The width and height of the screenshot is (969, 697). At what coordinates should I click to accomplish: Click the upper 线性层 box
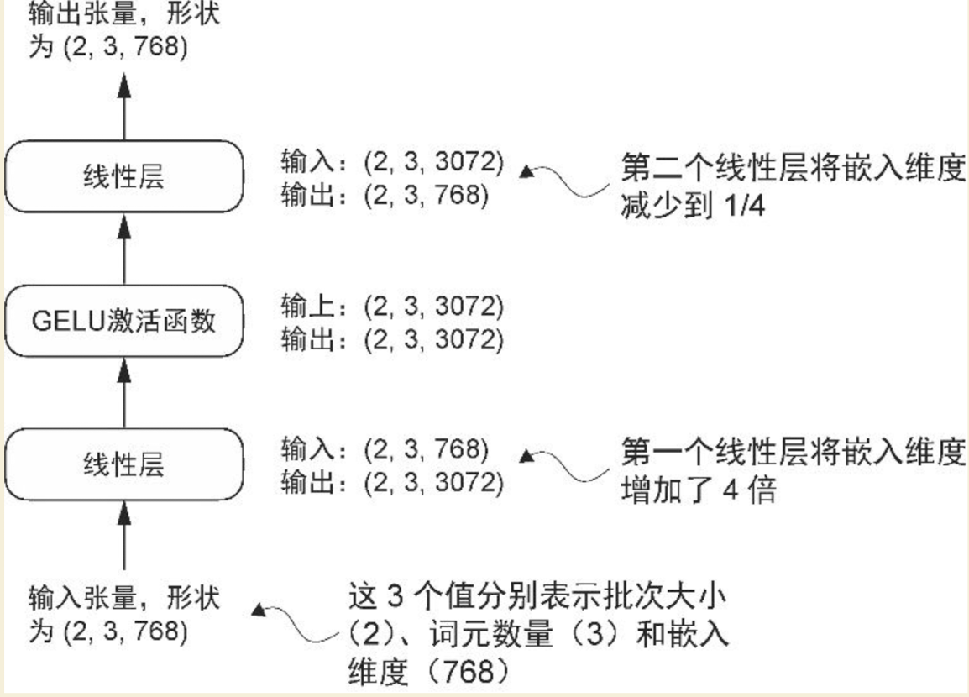point(124,178)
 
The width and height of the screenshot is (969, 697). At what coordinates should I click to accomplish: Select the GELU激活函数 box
point(124,322)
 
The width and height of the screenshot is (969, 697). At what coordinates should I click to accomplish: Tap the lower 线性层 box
point(124,464)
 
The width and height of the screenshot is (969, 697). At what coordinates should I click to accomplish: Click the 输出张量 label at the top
point(124,29)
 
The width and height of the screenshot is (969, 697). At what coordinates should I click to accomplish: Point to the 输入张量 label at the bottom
point(124,614)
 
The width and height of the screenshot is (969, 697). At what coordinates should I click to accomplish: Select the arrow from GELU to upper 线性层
point(124,249)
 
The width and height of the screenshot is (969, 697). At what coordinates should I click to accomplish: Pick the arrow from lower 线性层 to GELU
point(124,392)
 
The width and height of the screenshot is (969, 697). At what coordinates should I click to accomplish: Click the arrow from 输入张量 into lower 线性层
point(124,537)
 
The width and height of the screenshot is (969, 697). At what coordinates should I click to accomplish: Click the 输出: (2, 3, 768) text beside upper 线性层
point(384,195)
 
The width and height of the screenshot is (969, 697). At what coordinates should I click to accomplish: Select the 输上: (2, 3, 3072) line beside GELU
point(392,308)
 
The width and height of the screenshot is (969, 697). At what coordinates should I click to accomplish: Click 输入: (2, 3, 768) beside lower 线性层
point(384,449)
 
